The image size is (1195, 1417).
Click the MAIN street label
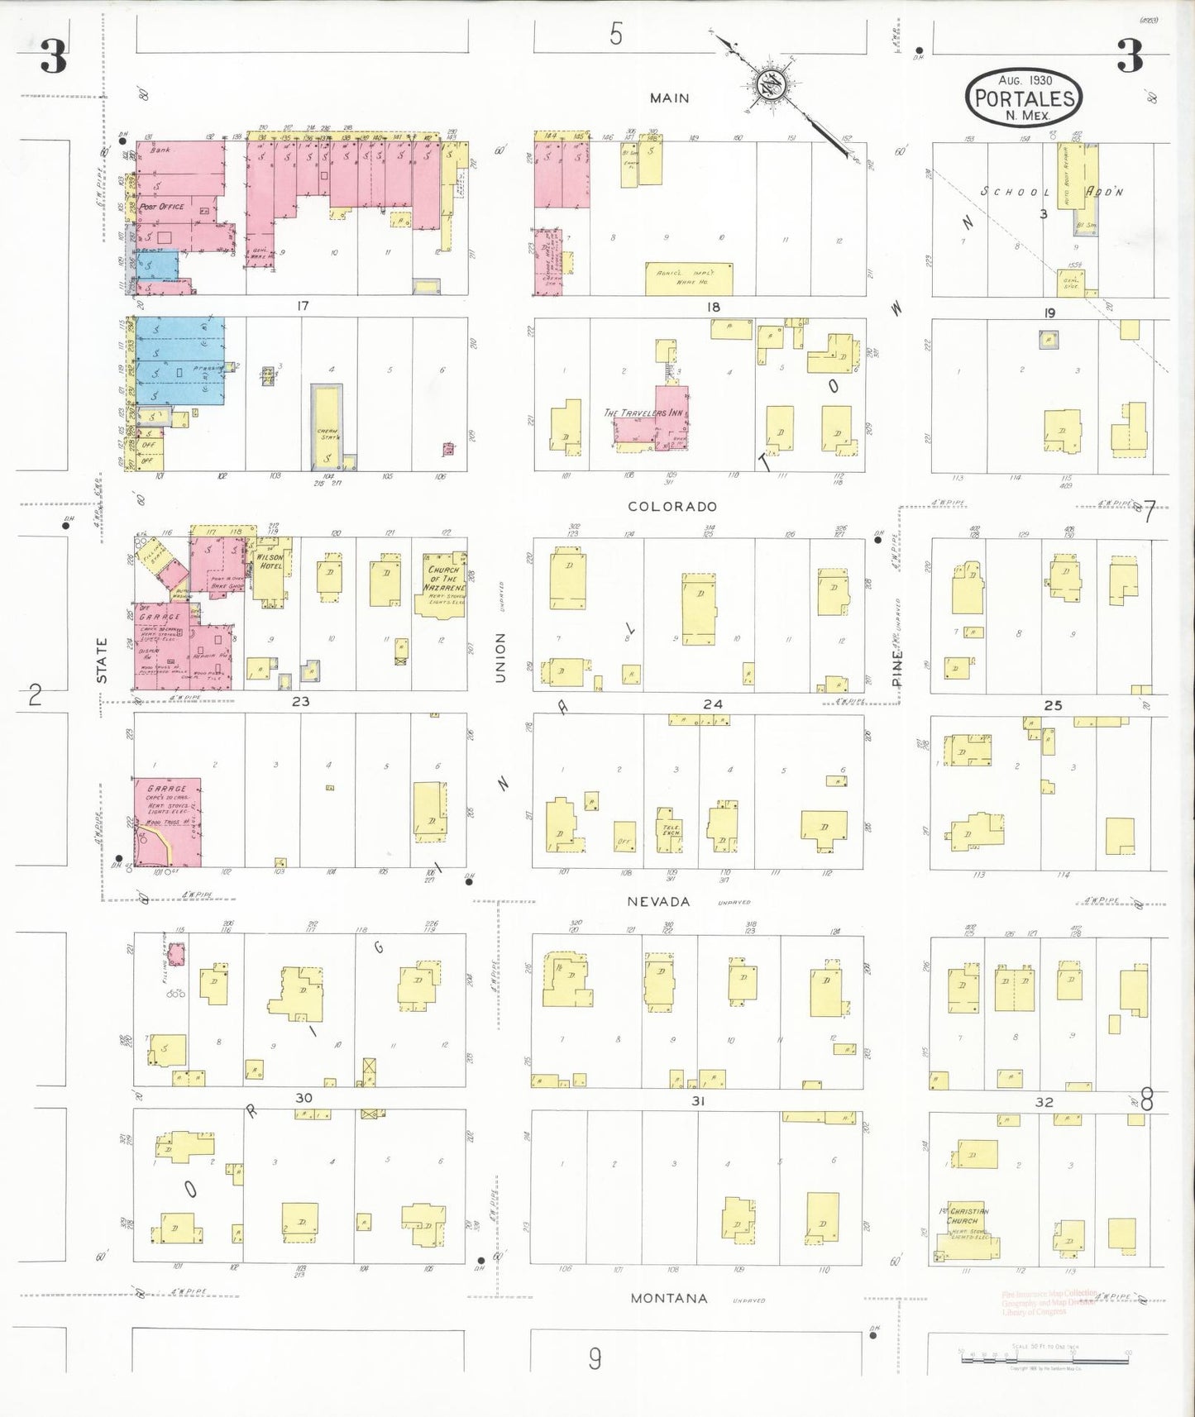click(x=669, y=98)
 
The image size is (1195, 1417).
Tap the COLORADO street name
click(x=672, y=506)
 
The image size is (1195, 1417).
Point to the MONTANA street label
click(x=668, y=1298)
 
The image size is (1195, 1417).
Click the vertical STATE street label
click(x=102, y=660)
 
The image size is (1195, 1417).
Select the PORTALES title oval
click(x=1025, y=98)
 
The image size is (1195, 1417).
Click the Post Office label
click(x=162, y=206)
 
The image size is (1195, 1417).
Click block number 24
click(x=712, y=704)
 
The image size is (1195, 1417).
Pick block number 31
click(x=698, y=1100)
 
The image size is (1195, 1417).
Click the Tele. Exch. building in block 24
click(x=669, y=829)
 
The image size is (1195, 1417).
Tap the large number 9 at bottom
click(x=595, y=1358)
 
